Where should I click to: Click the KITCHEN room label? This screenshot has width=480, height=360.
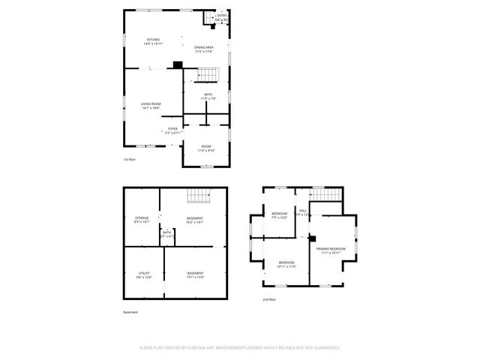tap(153, 41)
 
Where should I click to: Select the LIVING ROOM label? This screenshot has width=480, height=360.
tap(151, 106)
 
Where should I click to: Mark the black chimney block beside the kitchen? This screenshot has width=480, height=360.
tap(177, 64)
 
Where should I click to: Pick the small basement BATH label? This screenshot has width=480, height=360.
tap(166, 235)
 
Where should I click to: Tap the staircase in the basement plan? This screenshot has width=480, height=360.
tap(197, 196)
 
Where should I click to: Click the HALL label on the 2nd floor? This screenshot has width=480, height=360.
tap(303, 212)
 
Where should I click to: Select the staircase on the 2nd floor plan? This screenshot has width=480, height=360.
tap(325, 194)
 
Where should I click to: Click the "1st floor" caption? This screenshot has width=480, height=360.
tap(130, 160)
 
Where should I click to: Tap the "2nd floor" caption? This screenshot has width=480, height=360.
tap(269, 299)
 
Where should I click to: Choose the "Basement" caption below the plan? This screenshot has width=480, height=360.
tap(130, 312)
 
